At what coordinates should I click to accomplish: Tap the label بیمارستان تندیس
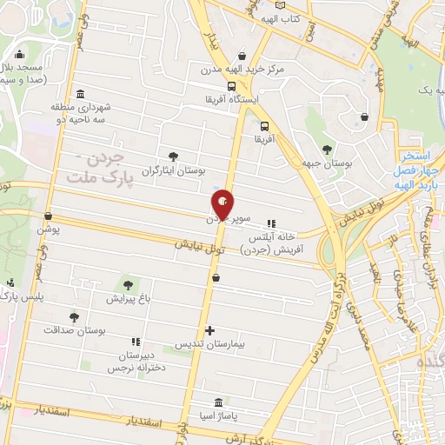209,345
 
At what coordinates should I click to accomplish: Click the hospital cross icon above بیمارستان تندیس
209,330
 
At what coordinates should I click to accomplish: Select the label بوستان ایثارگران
174,172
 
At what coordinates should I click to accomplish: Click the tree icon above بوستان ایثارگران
174,156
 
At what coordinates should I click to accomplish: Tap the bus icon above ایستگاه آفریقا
232,86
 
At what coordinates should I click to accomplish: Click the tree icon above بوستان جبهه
327,149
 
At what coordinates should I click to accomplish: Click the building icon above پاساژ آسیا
217,404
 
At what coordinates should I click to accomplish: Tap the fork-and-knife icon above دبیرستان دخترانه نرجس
135,342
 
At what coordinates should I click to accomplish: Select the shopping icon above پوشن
48,216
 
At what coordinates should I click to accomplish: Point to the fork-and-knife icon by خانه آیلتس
272,222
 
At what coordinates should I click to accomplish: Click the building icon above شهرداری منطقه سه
80,94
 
